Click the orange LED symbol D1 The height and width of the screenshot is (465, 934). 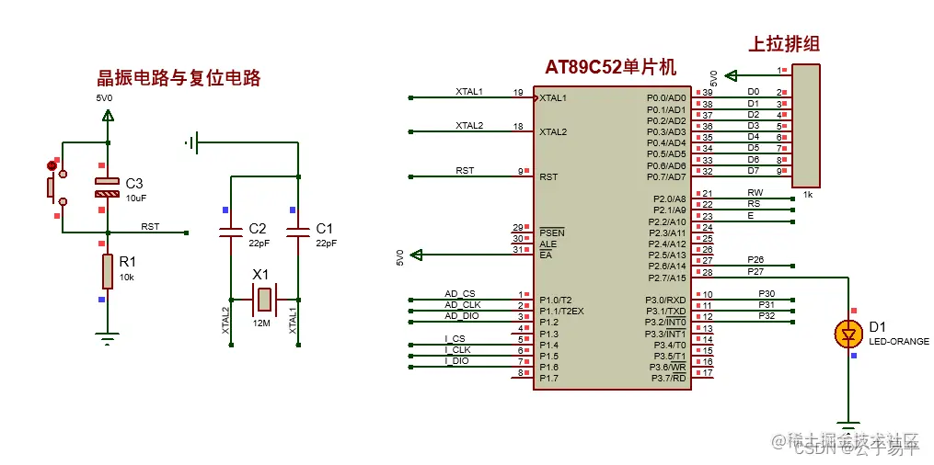(x=847, y=335)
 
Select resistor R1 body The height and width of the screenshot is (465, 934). (x=108, y=271)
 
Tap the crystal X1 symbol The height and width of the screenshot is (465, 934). (x=264, y=298)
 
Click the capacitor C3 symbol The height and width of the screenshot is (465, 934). (x=108, y=187)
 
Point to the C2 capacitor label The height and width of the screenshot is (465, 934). (x=258, y=228)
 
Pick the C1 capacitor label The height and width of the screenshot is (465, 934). (x=324, y=228)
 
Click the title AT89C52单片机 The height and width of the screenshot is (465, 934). (x=610, y=67)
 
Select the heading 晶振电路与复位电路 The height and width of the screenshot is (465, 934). (x=179, y=78)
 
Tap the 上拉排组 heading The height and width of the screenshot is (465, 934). (x=785, y=43)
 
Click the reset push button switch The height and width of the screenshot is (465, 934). (x=52, y=187)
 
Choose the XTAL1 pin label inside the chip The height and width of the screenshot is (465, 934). (x=553, y=97)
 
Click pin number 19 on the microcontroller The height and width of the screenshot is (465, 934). (x=518, y=93)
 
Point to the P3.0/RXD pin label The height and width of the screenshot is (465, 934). (x=665, y=300)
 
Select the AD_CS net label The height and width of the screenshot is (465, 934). (x=460, y=294)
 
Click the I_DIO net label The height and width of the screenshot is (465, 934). (x=456, y=361)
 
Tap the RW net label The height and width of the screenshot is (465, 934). (x=755, y=193)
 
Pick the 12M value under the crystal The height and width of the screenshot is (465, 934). (x=262, y=323)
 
